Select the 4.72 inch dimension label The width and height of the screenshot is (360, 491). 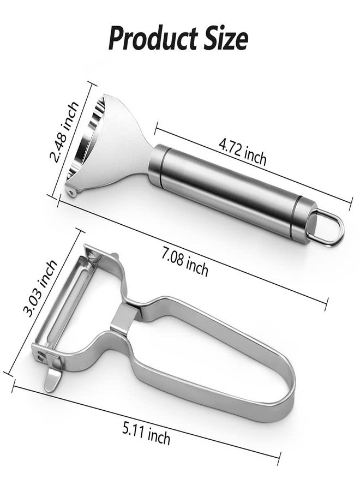pos(243,153)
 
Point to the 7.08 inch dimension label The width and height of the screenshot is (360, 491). pos(185,264)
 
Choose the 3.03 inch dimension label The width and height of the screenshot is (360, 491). pos(41,288)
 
